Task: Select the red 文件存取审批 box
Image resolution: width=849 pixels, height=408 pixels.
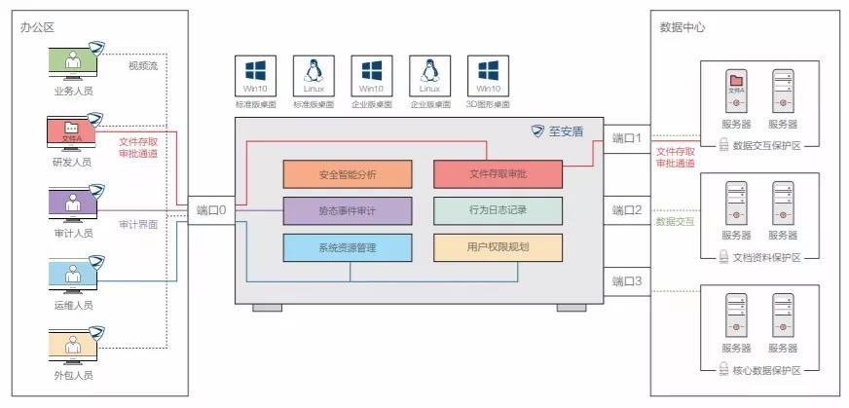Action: tap(498, 174)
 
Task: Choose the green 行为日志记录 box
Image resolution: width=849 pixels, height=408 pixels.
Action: tap(498, 210)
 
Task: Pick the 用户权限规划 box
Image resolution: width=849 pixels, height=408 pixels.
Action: tap(498, 247)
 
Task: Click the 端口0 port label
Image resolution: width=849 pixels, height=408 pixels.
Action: tap(210, 209)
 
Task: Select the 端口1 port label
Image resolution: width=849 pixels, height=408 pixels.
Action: tap(627, 138)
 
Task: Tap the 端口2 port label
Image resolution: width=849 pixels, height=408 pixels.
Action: tap(627, 209)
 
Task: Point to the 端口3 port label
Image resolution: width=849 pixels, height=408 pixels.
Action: tap(627, 281)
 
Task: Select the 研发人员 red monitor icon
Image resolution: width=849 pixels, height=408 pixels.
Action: tap(72, 131)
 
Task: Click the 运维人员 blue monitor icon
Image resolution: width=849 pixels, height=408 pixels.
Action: tap(72, 274)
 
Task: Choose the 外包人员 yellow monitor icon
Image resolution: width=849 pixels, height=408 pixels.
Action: tap(72, 345)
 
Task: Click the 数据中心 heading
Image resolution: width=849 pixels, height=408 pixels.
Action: tap(683, 27)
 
